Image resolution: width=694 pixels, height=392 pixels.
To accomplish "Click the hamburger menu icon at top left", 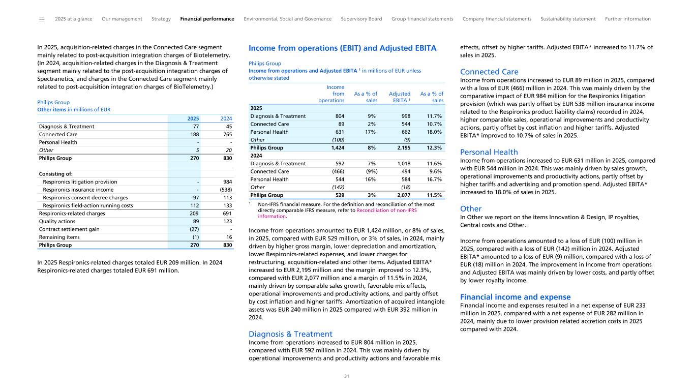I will tap(42, 19).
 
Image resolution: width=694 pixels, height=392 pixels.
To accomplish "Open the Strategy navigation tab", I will tap(161, 19).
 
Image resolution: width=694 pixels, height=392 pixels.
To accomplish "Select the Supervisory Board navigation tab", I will tap(361, 19).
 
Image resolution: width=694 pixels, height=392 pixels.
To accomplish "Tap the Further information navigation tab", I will tap(627, 19).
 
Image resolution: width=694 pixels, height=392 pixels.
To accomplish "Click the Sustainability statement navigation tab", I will tap(568, 19).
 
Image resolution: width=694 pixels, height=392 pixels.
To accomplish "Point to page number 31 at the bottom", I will tap(347, 376).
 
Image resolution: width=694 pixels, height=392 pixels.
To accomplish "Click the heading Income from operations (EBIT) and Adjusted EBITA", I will tap(342, 48).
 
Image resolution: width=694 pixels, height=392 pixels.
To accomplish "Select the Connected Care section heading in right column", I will tap(489, 72).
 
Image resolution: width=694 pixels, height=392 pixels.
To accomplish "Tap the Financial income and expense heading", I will tap(515, 297).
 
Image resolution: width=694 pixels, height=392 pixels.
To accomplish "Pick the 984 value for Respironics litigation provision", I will tap(228, 182).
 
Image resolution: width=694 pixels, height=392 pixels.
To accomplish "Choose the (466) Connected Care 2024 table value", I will tap(336, 171).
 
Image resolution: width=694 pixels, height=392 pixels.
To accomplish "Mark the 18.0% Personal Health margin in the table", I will tap(434, 132).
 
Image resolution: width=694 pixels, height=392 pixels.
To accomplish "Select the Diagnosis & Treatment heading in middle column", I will tap(290, 334).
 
